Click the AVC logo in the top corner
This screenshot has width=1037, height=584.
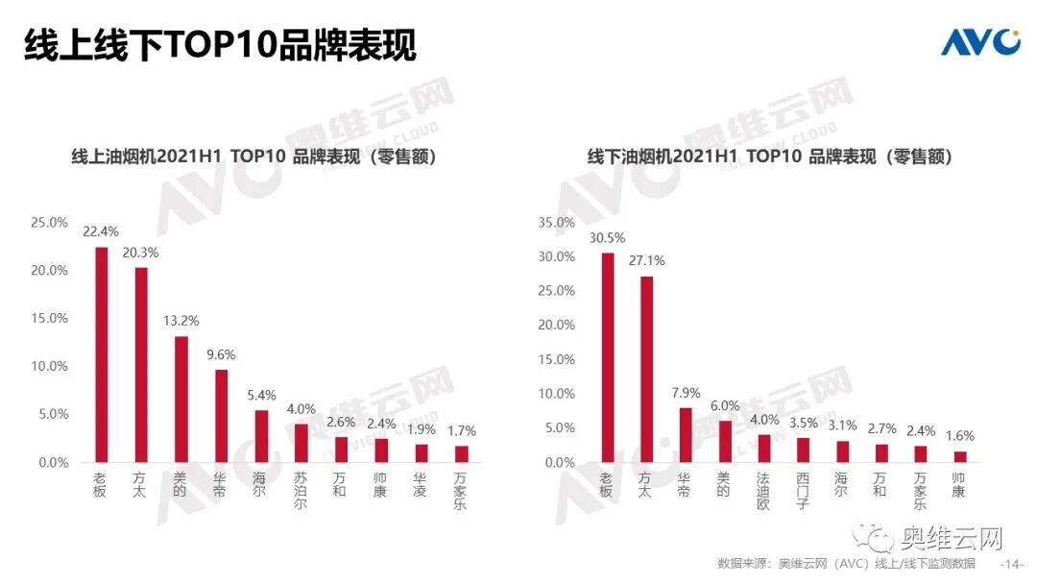pyautogui.click(x=978, y=42)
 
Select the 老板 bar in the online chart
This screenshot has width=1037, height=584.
pyautogui.click(x=101, y=354)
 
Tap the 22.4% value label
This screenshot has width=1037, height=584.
pyautogui.click(x=101, y=231)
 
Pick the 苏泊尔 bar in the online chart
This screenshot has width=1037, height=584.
pyautogui.click(x=301, y=443)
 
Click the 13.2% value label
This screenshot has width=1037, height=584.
pyautogui.click(x=181, y=321)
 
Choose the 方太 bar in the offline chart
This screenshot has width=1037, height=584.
pyautogui.click(x=646, y=369)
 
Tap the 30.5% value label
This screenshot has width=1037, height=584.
pyautogui.click(x=607, y=237)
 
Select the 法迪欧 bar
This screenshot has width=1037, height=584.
pyautogui.click(x=764, y=448)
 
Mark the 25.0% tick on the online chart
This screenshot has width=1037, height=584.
pyautogui.click(x=49, y=222)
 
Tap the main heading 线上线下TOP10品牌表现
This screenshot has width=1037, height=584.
pyautogui.click(x=220, y=44)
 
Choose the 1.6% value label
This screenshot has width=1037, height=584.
pyautogui.click(x=958, y=434)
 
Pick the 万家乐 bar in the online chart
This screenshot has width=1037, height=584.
pyautogui.click(x=461, y=453)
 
